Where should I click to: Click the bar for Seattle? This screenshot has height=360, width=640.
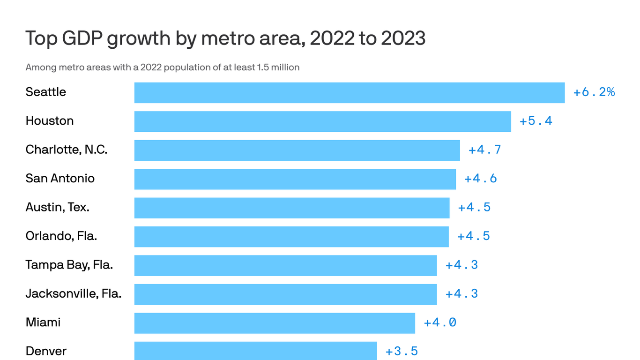click(x=349, y=93)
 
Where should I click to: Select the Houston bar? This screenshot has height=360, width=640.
click(x=322, y=121)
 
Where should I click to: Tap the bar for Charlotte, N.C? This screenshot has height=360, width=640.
click(x=297, y=150)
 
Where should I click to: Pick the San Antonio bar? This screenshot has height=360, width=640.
click(x=295, y=179)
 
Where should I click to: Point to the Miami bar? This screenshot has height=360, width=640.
click(x=275, y=323)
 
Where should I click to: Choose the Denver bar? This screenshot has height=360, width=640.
click(x=255, y=351)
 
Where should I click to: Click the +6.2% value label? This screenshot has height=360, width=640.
click(x=594, y=92)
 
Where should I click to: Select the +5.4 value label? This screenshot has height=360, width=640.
click(x=536, y=121)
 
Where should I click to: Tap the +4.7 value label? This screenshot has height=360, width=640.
click(x=484, y=150)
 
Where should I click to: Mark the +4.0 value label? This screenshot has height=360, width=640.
click(x=439, y=323)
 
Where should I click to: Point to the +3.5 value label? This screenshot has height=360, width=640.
click(x=401, y=352)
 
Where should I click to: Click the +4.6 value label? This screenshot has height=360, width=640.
click(x=480, y=179)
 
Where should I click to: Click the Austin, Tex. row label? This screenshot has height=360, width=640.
click(x=57, y=207)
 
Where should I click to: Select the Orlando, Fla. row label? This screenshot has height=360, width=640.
click(x=61, y=236)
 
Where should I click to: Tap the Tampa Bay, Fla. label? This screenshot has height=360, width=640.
click(x=69, y=265)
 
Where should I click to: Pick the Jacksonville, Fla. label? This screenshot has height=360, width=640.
click(x=73, y=294)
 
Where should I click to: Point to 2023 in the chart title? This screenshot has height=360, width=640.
click(x=403, y=38)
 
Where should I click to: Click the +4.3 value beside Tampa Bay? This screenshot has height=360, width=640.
click(x=461, y=265)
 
